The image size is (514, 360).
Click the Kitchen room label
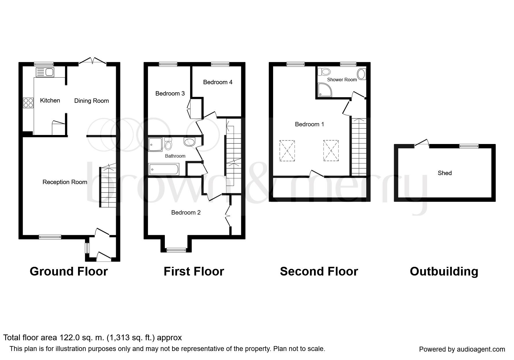coord(50,100)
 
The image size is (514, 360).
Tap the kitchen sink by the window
coord(45,72)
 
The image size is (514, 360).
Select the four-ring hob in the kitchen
coord(28,103)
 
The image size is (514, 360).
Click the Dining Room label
coord(91,101)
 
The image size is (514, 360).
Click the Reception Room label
coord(65,182)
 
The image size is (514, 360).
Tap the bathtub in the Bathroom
coord(164,169)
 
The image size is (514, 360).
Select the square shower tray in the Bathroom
coord(156,145)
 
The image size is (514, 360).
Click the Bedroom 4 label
coord(218,82)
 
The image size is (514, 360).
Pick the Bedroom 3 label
coord(170,93)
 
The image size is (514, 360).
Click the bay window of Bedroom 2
coord(176,250)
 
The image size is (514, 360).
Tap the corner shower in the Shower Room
coord(324,90)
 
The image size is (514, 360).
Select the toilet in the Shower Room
coord(324,71)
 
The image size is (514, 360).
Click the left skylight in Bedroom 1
coord(287,150)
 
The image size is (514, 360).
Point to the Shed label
coord(445,173)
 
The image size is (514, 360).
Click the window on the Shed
coord(469,146)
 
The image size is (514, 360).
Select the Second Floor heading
coord(319,271)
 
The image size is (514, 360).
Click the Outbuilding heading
coord(444,271)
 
